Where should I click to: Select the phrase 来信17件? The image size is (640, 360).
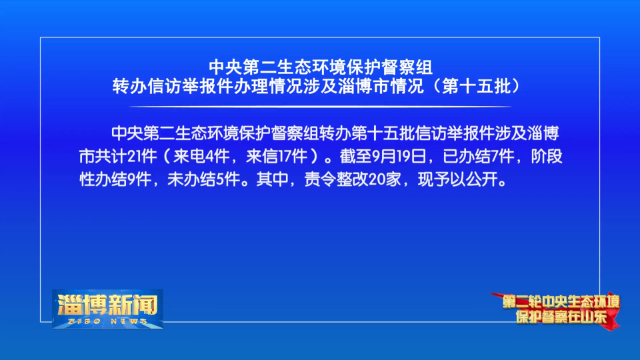point(276,156)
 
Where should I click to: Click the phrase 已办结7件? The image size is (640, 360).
point(479,156)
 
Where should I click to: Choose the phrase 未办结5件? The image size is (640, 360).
point(203,179)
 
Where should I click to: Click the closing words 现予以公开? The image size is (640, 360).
point(457,179)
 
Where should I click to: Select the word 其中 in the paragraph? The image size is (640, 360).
point(272,179)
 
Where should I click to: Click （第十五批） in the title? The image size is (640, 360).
point(476,86)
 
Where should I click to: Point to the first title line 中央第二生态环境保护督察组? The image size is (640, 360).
point(321,67)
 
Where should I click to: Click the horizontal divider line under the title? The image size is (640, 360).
point(321,107)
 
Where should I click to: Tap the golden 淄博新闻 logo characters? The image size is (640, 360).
point(107,305)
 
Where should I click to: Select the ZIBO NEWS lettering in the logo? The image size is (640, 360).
point(107,321)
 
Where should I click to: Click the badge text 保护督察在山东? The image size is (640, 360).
point(561,317)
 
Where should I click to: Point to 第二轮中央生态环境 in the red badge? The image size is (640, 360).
point(561,302)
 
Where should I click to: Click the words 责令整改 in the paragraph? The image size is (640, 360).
point(336,179)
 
